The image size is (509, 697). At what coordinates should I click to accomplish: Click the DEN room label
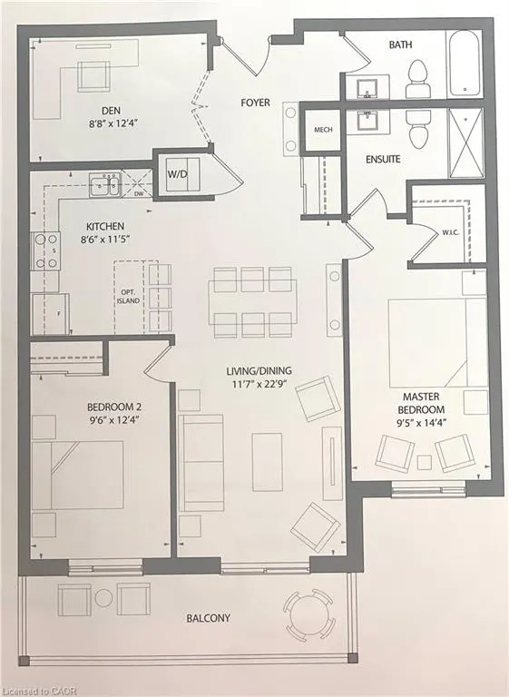[x=111, y=112]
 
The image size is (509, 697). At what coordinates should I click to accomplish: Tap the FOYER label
[x=255, y=103]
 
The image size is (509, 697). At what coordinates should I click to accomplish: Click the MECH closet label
[x=322, y=130]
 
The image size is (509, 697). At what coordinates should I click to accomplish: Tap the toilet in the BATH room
[x=418, y=78]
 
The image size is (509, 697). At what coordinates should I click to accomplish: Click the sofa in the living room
[x=202, y=464]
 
